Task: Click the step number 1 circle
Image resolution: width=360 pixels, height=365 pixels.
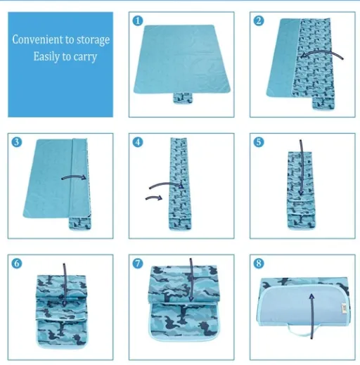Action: (138, 20)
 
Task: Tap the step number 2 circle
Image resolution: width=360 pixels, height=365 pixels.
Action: (259, 20)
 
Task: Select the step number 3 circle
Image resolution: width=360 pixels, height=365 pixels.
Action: (17, 142)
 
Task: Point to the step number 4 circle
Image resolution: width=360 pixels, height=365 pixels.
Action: (138, 142)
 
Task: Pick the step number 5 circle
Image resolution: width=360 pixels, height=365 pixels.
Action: (259, 142)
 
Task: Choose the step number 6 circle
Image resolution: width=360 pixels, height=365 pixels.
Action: (17, 263)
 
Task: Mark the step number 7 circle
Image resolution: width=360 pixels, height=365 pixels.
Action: (138, 263)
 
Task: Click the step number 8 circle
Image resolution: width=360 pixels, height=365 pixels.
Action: (259, 263)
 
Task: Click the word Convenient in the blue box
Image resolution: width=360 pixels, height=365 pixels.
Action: (38, 39)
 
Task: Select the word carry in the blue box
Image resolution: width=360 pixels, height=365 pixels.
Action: (85, 57)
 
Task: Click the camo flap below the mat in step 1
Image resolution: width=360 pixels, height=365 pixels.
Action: (183, 98)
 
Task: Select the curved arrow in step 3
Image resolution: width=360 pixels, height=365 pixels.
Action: (74, 177)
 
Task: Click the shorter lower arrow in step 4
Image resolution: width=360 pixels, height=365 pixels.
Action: (154, 198)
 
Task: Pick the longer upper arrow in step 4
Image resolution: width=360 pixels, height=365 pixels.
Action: (166, 184)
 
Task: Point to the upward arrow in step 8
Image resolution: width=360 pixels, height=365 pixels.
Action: (311, 316)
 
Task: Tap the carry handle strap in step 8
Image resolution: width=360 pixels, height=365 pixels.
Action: (302, 330)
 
